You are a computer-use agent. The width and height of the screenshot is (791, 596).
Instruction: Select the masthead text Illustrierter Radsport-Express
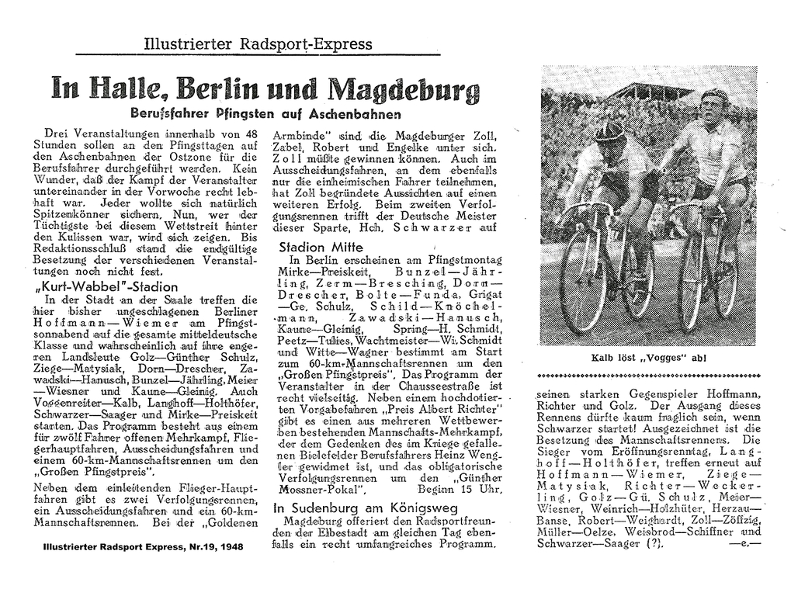[258, 44]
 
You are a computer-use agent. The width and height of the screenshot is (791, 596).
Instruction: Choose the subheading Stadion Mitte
[314, 246]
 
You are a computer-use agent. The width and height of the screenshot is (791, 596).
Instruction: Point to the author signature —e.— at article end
[744, 543]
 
